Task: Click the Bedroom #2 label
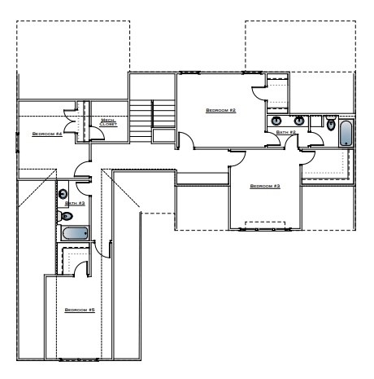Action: (x=220, y=110)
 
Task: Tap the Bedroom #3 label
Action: (x=265, y=187)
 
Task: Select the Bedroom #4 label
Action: (x=47, y=133)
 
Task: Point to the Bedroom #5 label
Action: (x=80, y=311)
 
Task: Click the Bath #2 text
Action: (x=285, y=131)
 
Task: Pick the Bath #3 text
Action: (x=75, y=202)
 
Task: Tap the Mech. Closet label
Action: (x=108, y=122)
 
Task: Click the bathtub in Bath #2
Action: (x=346, y=134)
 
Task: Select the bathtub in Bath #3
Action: (x=75, y=234)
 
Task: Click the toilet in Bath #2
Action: (x=330, y=124)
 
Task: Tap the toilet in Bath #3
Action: (x=66, y=216)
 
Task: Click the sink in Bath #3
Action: (x=63, y=194)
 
